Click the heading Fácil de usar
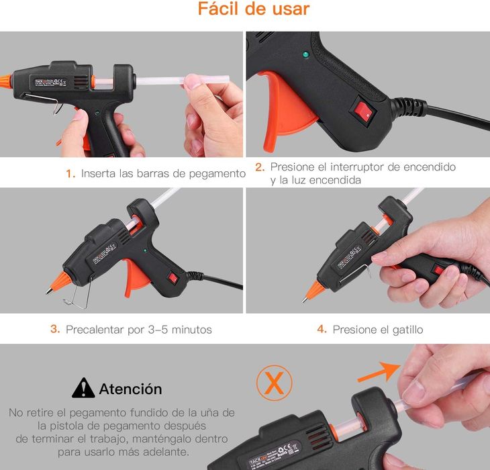point(254,9)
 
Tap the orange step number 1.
point(70,174)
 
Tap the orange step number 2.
point(260,167)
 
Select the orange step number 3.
point(55,330)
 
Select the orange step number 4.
point(322,330)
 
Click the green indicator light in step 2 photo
point(306,55)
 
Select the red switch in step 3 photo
point(172,276)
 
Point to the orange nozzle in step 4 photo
point(313,291)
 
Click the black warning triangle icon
point(83,388)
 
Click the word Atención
point(130,389)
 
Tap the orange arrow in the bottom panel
point(380,371)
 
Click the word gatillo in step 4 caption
point(405,330)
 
